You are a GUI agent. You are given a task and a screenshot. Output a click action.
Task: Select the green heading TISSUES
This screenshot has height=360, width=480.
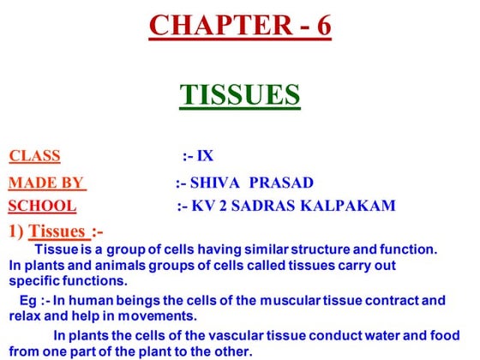coord(240,94)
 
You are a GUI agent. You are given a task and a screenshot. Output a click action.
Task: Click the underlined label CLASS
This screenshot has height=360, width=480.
coord(34,156)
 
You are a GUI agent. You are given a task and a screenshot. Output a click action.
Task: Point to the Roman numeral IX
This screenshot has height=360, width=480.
coord(205,156)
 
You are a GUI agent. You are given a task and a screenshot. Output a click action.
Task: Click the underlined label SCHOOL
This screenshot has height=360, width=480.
coord(41,206)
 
